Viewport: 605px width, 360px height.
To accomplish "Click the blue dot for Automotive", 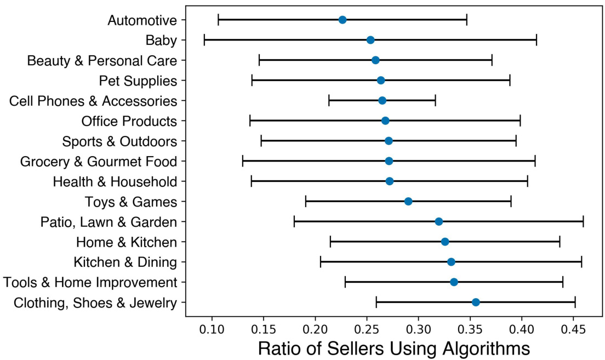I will tap(343, 20).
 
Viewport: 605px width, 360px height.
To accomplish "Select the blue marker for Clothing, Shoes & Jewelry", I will tap(476, 302).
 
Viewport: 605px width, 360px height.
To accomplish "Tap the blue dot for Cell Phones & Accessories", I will tap(382, 101).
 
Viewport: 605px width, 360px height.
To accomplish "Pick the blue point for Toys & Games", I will tap(408, 202).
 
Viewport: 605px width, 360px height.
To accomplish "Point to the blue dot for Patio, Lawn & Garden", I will tap(438, 222).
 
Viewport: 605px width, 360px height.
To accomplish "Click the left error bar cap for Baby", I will tap(204, 40).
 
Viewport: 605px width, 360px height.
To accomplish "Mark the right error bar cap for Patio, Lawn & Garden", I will tap(583, 222).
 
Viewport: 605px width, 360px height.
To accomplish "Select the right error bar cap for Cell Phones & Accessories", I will tap(435, 101).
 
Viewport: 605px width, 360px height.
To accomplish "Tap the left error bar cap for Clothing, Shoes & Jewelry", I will tap(376, 302).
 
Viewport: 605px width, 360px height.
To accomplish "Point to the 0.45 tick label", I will tap(574, 332).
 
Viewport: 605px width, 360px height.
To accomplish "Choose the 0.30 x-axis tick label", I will tap(419, 332).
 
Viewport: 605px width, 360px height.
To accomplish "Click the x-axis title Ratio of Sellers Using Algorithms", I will tap(393, 349).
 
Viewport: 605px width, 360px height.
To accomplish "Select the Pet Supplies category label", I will tap(138, 81).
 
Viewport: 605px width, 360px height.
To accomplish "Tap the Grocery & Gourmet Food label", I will tap(99, 162).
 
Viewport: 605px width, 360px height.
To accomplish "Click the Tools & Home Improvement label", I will tap(90, 283).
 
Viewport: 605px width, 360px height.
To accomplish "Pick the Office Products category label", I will tap(129, 121).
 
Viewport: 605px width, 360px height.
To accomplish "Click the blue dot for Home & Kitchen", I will tap(445, 242).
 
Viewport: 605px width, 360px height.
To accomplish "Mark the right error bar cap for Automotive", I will tap(466, 20).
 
